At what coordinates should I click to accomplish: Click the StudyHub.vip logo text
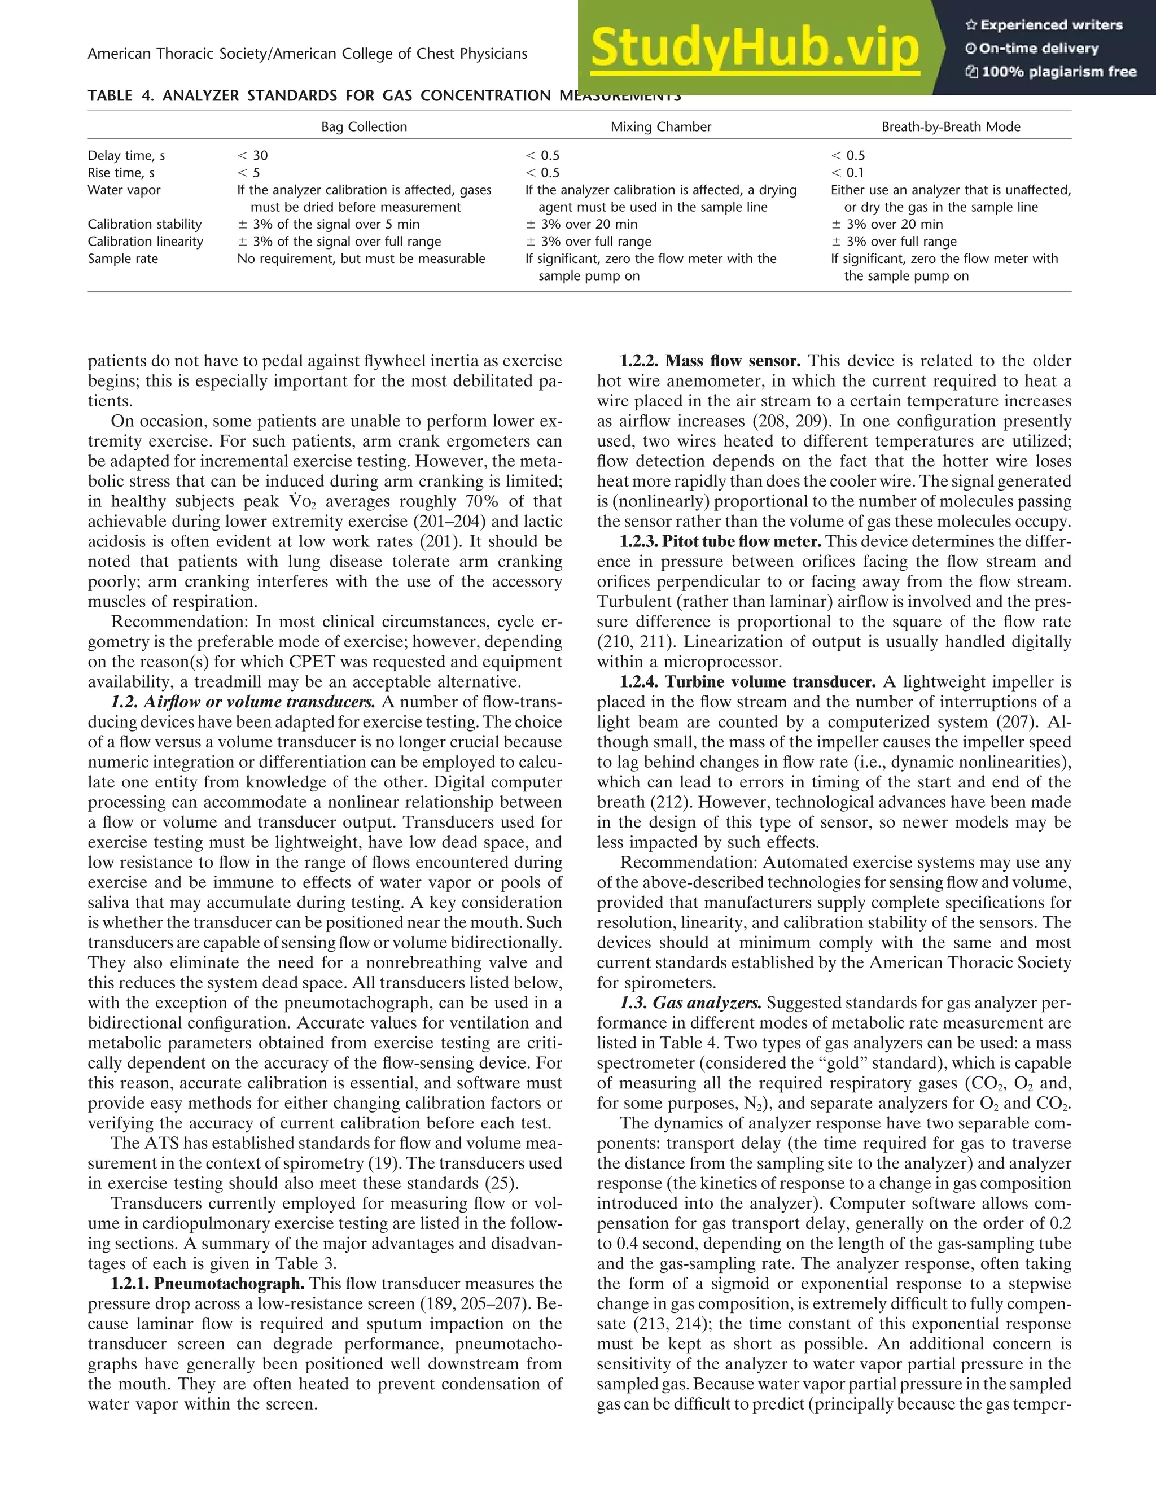click(754, 49)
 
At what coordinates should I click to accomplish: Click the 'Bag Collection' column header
click(364, 127)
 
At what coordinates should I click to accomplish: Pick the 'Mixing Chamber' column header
click(660, 127)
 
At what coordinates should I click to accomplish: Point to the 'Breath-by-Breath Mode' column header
click(951, 127)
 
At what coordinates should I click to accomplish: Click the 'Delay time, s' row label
click(126, 156)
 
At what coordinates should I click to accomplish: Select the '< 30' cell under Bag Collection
click(252, 156)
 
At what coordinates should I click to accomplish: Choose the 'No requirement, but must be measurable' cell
click(361, 259)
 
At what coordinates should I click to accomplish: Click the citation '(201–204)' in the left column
click(476, 522)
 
